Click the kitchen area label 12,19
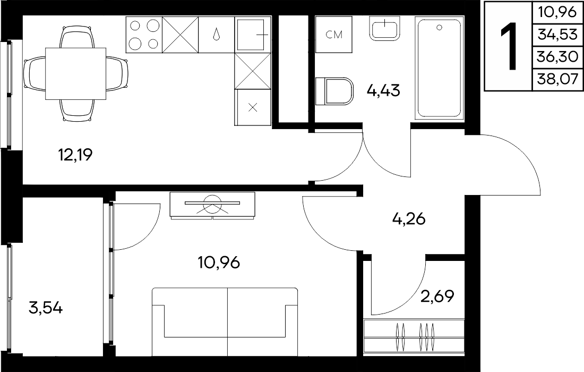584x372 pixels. [75, 154]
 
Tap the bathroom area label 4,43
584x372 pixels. [383, 90]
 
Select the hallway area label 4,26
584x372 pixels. [409, 219]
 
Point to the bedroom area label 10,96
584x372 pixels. [219, 263]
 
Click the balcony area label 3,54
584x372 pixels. [46, 308]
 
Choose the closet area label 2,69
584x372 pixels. [437, 297]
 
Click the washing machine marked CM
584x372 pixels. [334, 35]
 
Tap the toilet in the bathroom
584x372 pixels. [334, 91]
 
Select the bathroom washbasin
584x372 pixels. [384, 28]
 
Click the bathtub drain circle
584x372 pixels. [440, 27]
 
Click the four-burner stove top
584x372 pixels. [144, 35]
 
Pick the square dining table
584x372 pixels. [75, 73]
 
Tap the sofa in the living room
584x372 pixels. [225, 322]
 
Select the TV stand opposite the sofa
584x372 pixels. [213, 205]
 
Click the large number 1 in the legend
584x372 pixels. [508, 46]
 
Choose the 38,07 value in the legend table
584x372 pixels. [557, 79]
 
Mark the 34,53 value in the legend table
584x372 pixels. [557, 35]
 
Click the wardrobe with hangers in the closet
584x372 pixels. [414, 336]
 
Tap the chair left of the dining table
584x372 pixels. [35, 73]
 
